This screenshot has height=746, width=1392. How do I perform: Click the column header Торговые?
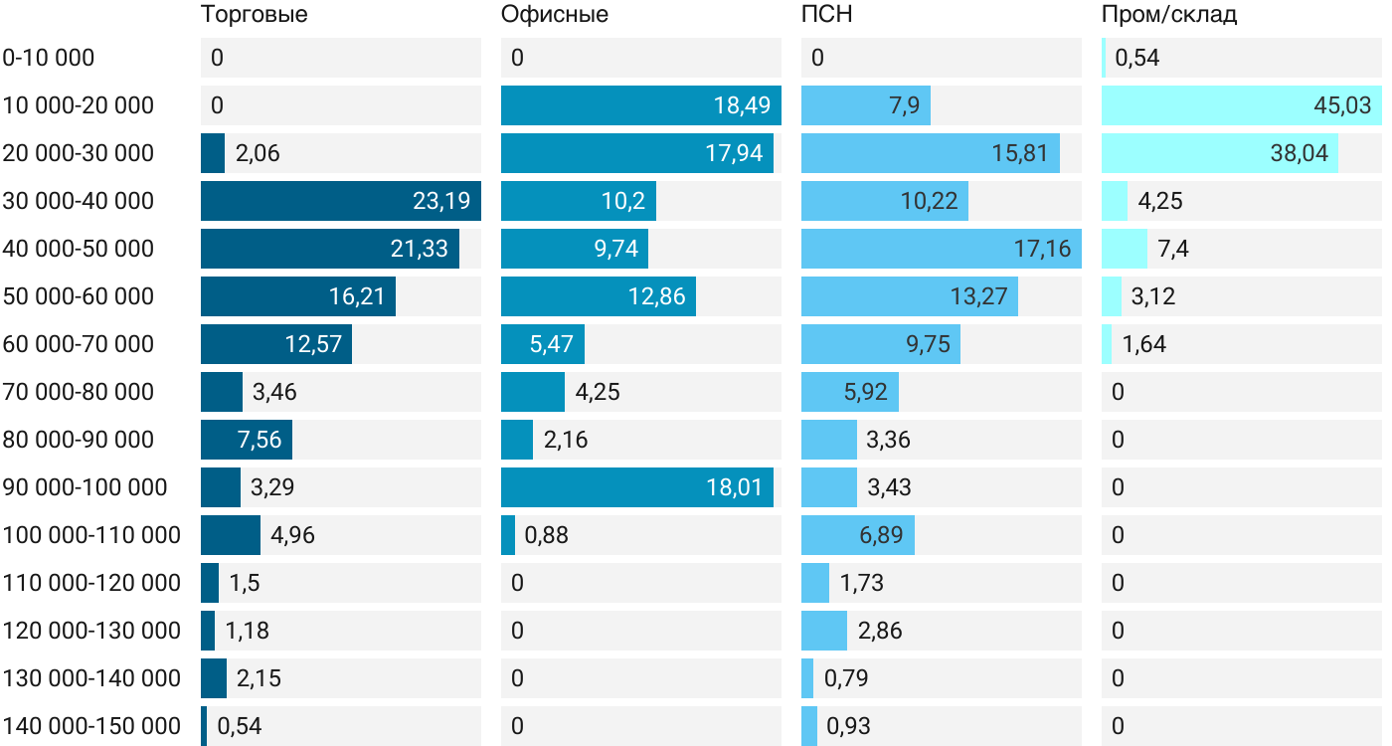(x=254, y=15)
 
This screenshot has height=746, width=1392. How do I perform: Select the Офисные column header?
(x=555, y=15)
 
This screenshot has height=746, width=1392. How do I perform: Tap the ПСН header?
(x=826, y=15)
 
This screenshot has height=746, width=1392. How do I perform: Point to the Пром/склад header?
(x=1169, y=15)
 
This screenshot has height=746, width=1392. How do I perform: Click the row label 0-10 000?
(x=49, y=58)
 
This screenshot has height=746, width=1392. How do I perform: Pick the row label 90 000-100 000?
(x=85, y=487)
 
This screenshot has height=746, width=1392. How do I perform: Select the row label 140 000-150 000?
(x=91, y=726)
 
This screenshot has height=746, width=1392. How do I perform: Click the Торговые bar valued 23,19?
(x=340, y=201)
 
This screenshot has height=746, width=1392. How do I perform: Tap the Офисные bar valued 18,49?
(x=640, y=105)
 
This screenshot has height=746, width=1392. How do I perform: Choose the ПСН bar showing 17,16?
(x=941, y=249)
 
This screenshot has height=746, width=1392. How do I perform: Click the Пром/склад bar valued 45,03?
(x=1241, y=105)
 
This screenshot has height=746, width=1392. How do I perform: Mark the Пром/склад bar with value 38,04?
(x=1219, y=153)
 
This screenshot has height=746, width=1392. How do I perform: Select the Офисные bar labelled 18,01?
(x=637, y=487)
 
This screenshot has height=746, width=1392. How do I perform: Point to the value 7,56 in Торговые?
(x=260, y=440)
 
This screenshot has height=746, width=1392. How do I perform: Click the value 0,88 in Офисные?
(x=546, y=535)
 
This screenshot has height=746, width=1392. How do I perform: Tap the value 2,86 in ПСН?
(x=879, y=631)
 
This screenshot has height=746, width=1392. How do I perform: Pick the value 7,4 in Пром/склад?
(x=1173, y=249)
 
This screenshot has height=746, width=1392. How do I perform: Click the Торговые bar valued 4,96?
(x=231, y=535)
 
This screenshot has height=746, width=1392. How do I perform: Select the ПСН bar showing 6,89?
(x=857, y=535)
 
